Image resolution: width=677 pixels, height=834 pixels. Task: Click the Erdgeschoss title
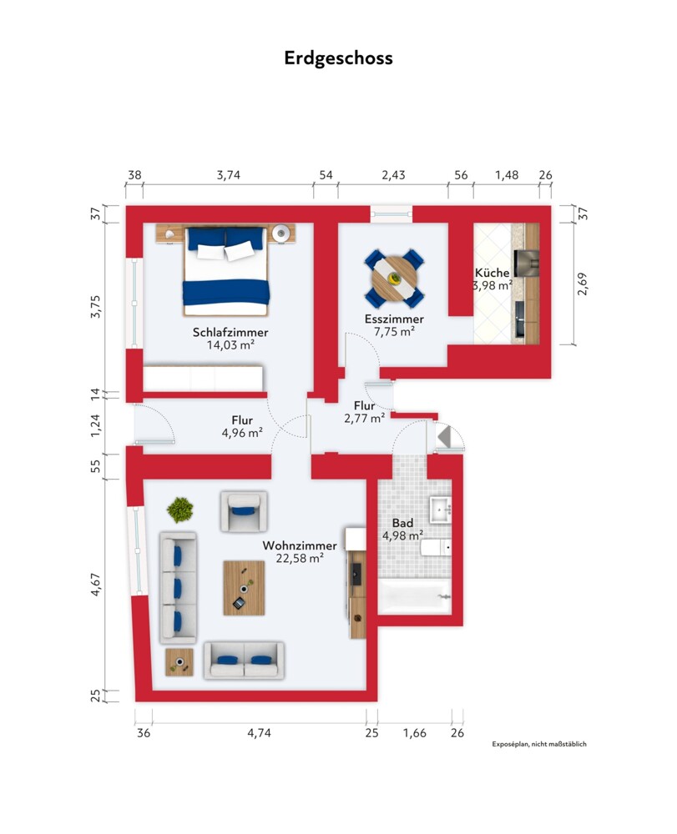tap(338, 58)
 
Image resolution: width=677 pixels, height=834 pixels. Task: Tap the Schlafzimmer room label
tap(230, 333)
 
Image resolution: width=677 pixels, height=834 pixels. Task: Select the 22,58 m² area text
tap(300, 558)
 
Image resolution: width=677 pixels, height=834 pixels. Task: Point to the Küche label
tap(492, 273)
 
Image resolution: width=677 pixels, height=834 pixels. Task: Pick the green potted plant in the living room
tap(180, 510)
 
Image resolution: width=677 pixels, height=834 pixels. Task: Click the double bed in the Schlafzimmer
tap(226, 272)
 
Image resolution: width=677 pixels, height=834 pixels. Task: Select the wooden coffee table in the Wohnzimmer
tap(244, 588)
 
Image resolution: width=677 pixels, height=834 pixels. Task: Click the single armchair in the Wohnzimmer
tap(244, 511)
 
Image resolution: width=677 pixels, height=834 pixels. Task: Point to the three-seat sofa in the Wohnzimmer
tap(178, 587)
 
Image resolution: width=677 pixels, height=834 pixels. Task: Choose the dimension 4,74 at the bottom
tap(260, 733)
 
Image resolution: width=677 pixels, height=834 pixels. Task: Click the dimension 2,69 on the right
tap(583, 284)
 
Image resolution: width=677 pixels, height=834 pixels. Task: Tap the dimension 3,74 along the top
tap(229, 175)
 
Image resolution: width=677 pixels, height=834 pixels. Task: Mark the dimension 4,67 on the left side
tap(95, 584)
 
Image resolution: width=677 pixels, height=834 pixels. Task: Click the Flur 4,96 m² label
tap(242, 426)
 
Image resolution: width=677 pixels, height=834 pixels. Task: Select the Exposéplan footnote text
tap(539, 744)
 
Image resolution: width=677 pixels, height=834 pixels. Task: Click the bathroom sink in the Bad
tap(441, 510)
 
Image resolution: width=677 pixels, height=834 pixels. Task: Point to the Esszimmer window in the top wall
tap(392, 214)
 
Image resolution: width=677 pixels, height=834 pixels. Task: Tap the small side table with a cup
tap(179, 662)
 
